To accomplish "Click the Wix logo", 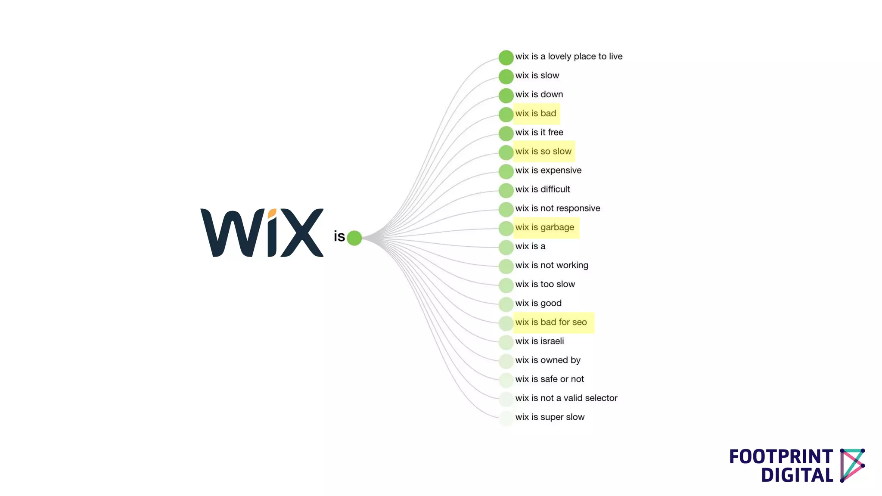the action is (261, 232).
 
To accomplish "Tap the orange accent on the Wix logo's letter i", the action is (272, 213).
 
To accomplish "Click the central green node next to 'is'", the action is (354, 238).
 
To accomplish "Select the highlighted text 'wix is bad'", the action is (536, 114).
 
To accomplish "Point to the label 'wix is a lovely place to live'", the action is (568, 56).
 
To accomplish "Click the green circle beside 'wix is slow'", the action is (506, 77).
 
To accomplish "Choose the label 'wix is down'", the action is (539, 94).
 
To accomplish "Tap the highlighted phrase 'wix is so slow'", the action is (543, 152).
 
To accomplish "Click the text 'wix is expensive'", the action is (548, 170).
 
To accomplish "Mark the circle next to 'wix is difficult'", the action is (506, 190).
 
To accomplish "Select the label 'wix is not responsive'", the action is (557, 208).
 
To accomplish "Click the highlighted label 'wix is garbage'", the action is (544, 227).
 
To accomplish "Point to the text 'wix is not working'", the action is (551, 265).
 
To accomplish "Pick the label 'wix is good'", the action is (538, 303).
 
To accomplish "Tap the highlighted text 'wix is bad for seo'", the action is (551, 322).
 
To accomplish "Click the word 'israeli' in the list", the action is (552, 341).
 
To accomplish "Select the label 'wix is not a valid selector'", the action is (566, 398).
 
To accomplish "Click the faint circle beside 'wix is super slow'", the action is (506, 418).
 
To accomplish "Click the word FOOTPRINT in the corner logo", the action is (781, 457).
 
